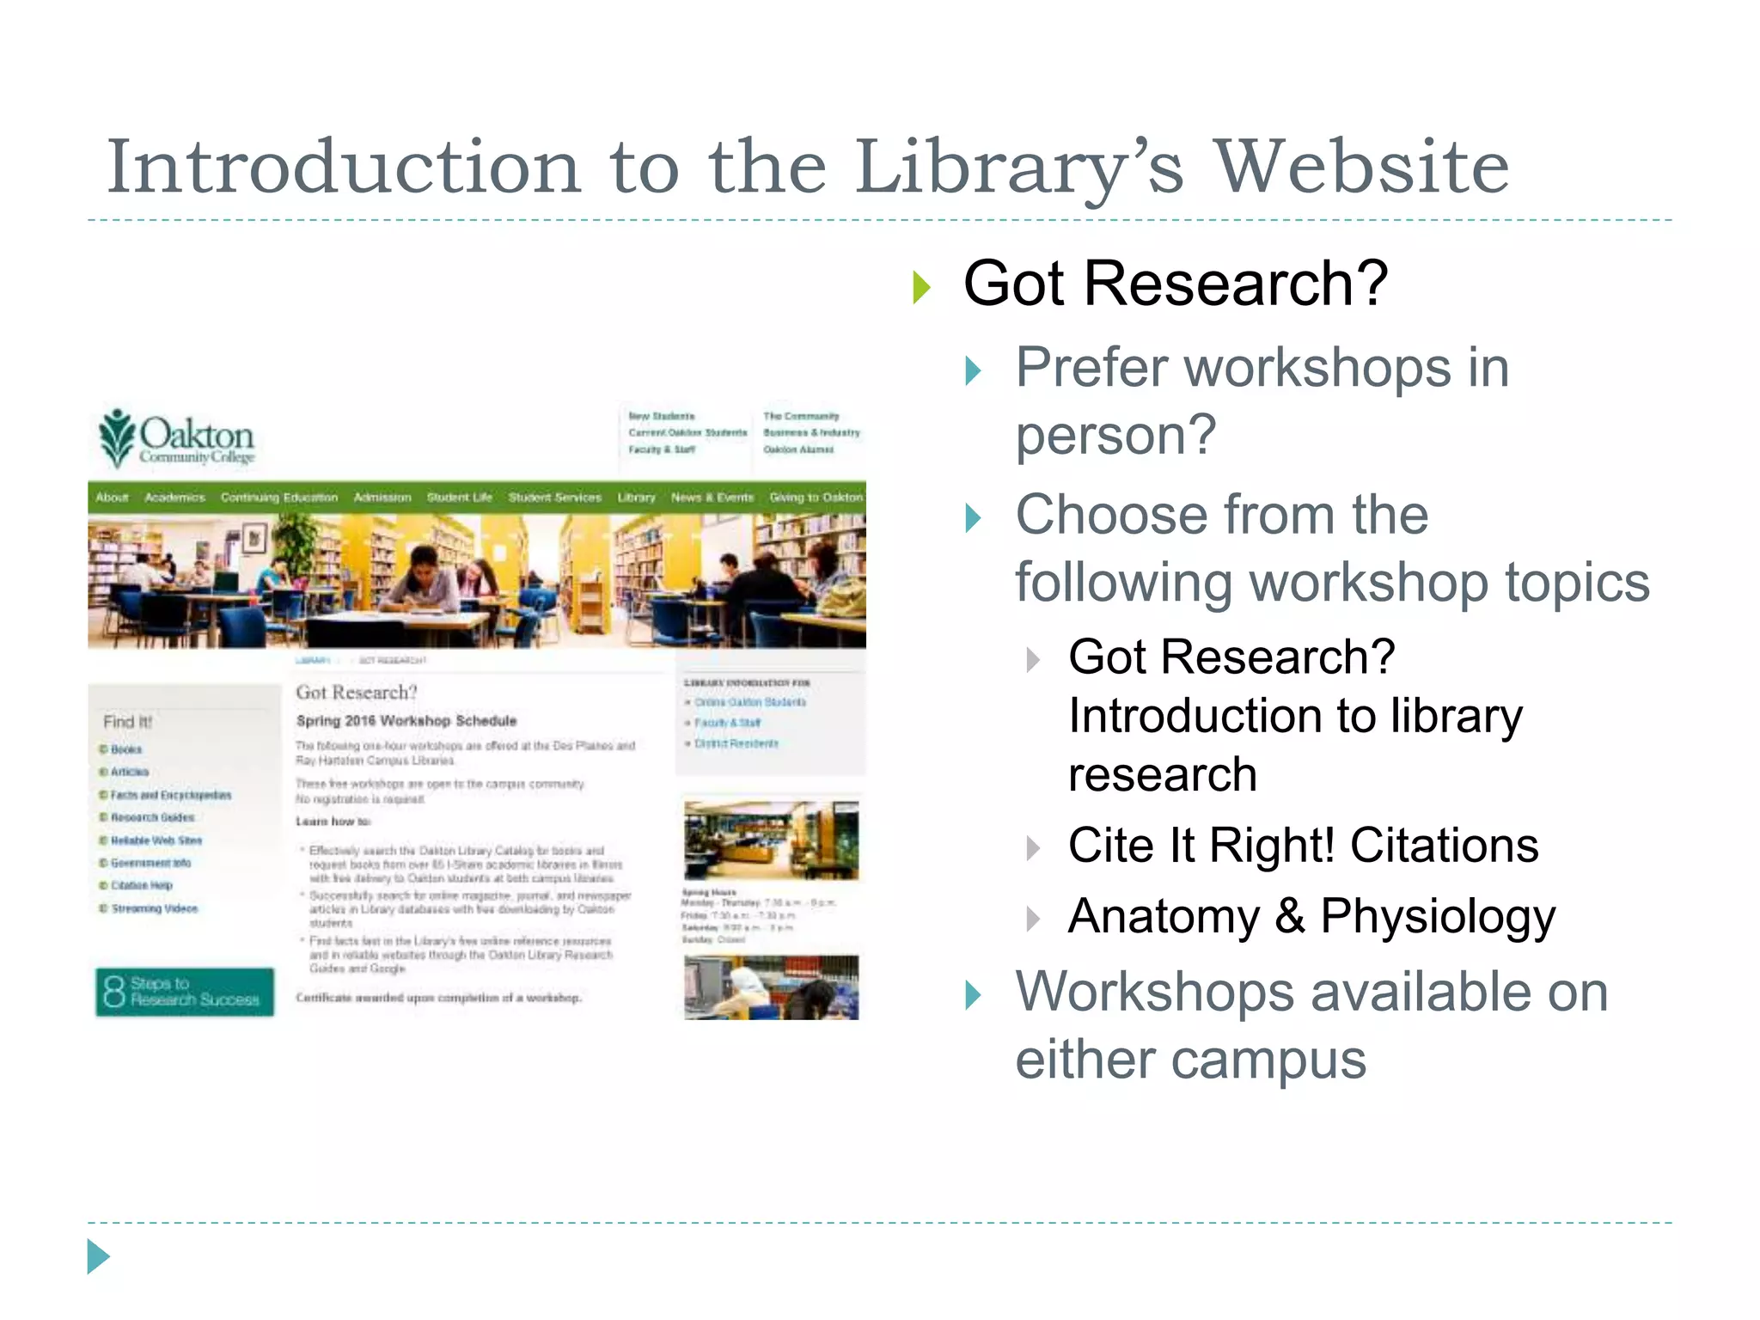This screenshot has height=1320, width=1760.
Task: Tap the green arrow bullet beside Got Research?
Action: point(921,287)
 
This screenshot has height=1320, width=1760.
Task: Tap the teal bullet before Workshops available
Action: point(973,994)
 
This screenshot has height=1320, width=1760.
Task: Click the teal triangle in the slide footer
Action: point(98,1256)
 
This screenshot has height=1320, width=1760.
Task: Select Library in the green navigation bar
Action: point(636,498)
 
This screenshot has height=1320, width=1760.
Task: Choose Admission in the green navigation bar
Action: point(382,498)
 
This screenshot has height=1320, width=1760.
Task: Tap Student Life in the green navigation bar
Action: point(459,498)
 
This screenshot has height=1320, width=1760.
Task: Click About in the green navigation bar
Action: point(112,498)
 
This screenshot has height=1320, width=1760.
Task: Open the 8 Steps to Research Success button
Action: point(185,992)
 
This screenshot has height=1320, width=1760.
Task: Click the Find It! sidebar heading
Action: point(127,722)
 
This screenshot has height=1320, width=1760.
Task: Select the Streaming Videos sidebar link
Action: point(154,908)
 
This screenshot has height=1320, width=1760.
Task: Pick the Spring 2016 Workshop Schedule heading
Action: point(406,721)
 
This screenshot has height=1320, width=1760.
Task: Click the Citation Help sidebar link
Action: point(141,885)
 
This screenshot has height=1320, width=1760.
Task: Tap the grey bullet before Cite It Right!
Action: point(1033,848)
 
